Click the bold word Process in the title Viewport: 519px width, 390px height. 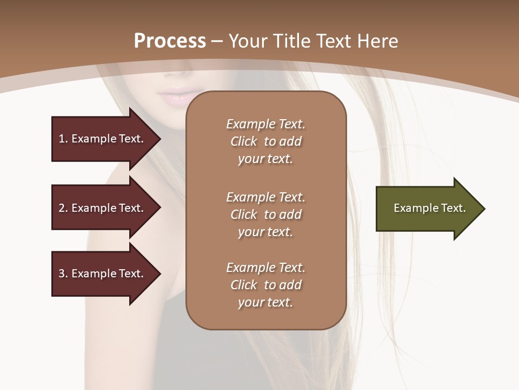(170, 41)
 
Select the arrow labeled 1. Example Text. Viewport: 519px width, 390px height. (103, 139)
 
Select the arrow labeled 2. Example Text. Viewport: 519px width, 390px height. (103, 208)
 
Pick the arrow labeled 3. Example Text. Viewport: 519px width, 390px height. (103, 274)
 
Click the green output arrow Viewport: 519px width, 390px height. (427, 209)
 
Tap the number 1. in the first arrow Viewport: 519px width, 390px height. (63, 139)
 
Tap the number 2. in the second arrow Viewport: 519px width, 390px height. (63, 208)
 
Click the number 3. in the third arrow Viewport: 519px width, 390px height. (63, 274)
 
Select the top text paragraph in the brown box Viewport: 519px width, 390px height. (265, 141)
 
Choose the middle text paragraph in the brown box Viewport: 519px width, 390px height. (265, 214)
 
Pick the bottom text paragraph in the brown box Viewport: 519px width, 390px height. (265, 285)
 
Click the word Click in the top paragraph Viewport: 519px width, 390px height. (243, 142)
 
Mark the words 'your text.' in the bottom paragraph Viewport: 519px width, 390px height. (265, 302)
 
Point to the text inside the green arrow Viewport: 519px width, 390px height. (429, 208)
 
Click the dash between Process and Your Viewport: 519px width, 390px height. (217, 42)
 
